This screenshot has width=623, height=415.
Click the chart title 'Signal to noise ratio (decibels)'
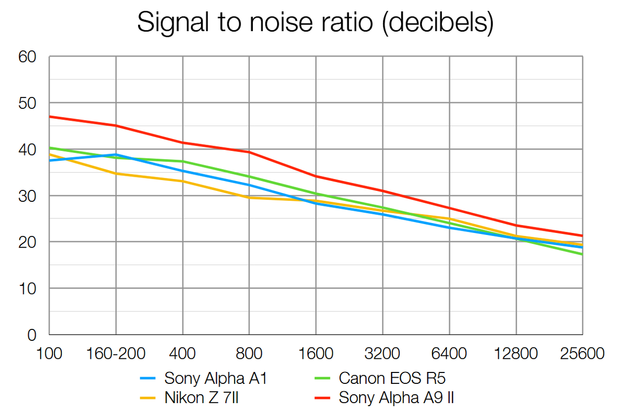tap(315, 24)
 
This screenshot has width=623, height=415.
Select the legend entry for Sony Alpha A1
tap(215, 379)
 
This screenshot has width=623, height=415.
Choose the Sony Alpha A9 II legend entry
tap(397, 398)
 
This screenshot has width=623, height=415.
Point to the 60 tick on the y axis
tap(27, 57)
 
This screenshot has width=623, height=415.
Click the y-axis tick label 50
tap(27, 103)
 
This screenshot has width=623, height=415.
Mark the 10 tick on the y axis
tap(27, 288)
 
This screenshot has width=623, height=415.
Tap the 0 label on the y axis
tap(32, 335)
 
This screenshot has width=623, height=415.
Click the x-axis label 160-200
tap(115, 354)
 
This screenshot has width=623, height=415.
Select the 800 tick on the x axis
tap(249, 354)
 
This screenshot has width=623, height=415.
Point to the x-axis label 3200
tap(383, 354)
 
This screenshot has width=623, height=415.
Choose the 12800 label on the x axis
tap(516, 354)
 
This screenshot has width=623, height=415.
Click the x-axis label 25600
tap(581, 354)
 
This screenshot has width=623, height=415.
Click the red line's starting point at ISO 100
tap(49, 117)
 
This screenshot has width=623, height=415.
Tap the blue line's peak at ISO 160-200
tap(116, 155)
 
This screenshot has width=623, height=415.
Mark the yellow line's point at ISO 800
tap(249, 198)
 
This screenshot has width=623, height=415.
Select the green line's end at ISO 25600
tap(582, 254)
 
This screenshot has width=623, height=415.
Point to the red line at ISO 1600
tap(316, 176)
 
